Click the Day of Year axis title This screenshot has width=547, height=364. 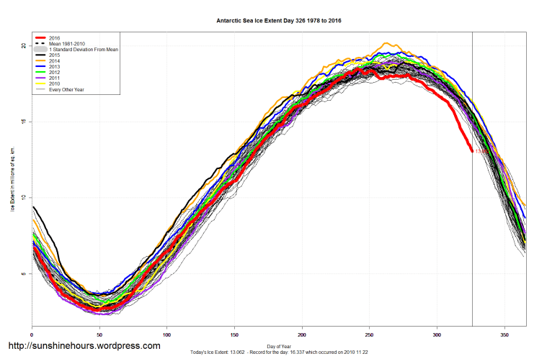pos(279,346)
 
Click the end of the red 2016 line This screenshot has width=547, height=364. pos(472,151)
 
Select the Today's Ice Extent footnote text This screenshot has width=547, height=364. pos(279,352)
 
